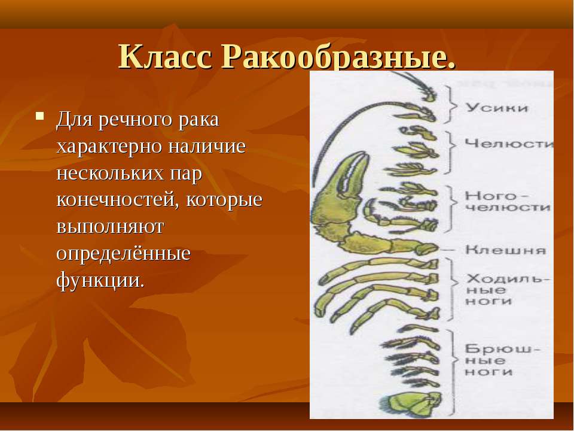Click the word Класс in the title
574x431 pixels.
[x=166, y=56]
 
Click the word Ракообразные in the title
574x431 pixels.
[x=338, y=57]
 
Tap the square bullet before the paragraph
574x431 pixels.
[x=40, y=116]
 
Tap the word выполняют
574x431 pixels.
[x=110, y=227]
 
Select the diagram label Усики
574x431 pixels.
[x=496, y=108]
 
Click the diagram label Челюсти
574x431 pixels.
[x=508, y=143]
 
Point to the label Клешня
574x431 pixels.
[x=506, y=250]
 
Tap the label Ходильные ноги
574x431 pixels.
[x=508, y=290]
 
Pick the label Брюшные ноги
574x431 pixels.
[x=502, y=360]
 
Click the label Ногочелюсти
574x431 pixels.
[x=508, y=201]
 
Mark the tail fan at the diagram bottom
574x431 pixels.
[x=411, y=405]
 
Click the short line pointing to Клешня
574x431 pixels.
[x=447, y=250]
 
